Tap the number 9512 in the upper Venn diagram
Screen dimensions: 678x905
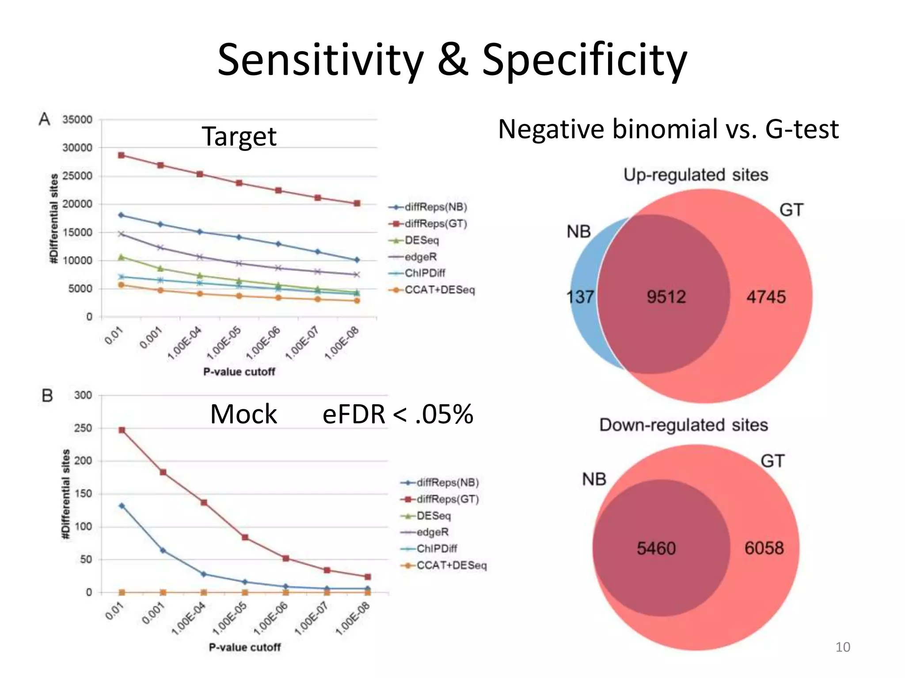(x=666, y=297)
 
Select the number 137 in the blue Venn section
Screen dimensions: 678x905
(x=580, y=297)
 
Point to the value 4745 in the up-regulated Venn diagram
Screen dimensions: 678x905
(x=766, y=297)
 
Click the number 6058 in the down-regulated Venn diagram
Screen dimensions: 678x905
(x=764, y=548)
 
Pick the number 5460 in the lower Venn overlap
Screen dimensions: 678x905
(x=656, y=548)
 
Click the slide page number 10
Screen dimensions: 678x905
(x=843, y=647)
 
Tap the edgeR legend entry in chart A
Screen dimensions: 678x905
(x=420, y=257)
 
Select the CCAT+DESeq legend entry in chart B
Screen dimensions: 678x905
(x=451, y=565)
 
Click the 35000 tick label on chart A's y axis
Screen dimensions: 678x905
(x=77, y=120)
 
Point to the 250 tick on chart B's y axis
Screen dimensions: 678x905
(x=83, y=428)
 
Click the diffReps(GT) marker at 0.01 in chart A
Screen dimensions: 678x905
(x=122, y=155)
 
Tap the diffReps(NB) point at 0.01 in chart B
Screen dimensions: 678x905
(x=122, y=506)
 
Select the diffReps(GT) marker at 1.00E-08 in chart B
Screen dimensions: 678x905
(x=368, y=577)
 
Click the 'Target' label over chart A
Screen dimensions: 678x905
(x=239, y=136)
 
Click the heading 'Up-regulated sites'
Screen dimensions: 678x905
(x=696, y=175)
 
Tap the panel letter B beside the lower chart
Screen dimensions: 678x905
(x=47, y=395)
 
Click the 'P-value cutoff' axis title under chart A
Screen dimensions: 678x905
(x=239, y=372)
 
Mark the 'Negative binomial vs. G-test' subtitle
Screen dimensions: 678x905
(x=668, y=129)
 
